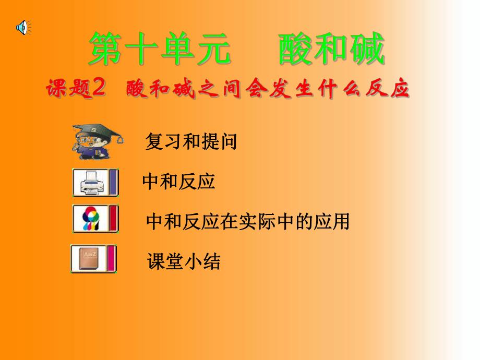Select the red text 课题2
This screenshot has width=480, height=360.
[x=76, y=90]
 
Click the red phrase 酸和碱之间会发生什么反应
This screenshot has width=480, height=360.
[x=267, y=90]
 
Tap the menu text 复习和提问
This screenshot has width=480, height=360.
[x=191, y=142]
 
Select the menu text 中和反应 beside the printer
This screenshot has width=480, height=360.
[x=178, y=182]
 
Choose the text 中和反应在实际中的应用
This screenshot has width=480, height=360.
[x=248, y=222]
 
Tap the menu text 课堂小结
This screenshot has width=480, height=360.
[x=184, y=261]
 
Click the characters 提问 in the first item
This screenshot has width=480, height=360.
[x=219, y=142]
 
